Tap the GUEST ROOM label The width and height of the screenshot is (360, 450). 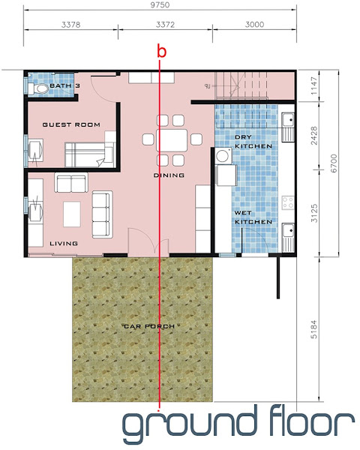coord(71,124)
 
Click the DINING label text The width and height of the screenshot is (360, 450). coord(169,175)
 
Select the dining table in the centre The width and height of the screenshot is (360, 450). coord(172,140)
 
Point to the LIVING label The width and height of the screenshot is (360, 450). coord(64,243)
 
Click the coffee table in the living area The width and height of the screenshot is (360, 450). coord(72,214)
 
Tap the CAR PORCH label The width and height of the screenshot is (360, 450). coord(149,326)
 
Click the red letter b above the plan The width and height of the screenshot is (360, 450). coord(162,51)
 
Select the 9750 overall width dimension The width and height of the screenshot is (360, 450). coord(160,5)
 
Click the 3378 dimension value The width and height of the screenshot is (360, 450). coord(70,25)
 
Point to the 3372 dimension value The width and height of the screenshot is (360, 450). coord(165,25)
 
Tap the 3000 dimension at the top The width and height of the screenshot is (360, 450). coord(254,25)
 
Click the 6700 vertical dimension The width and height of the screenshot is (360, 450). coord(334,163)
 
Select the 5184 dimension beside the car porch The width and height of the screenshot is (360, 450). coord(313,329)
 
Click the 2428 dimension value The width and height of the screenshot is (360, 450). coord(314,136)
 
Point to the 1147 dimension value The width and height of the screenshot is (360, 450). coord(314,85)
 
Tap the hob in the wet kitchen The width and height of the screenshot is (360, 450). coord(288,202)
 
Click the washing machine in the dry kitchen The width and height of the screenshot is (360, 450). coord(223,156)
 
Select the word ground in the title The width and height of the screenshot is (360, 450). coord(189,425)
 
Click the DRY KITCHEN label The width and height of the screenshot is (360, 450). coord(253,142)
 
